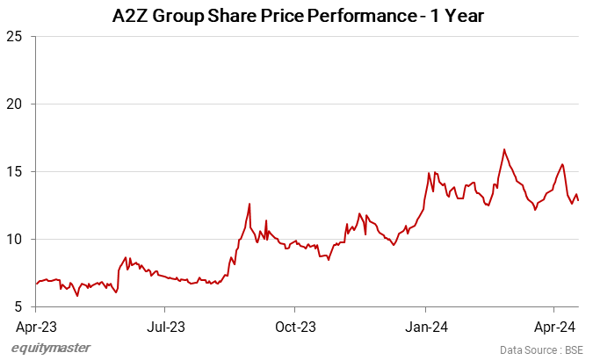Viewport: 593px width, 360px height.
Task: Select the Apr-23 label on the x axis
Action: tap(35, 327)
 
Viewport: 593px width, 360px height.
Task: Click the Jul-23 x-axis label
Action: tap(165, 327)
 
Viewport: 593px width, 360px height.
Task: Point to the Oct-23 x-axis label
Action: tap(295, 327)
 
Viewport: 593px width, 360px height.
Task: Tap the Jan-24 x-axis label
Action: tap(426, 327)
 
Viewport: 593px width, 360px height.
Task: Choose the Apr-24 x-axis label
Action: tap(554, 327)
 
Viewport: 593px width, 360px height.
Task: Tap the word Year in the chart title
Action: tap(459, 16)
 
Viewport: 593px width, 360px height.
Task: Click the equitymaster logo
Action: tap(51, 349)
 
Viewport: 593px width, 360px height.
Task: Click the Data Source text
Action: tap(528, 349)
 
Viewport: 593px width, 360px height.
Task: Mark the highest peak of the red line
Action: tap(504, 149)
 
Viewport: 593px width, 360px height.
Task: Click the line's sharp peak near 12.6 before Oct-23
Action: tap(249, 204)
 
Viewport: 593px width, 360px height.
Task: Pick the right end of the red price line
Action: tap(578, 200)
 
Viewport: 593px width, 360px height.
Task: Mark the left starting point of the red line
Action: tap(36, 284)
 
